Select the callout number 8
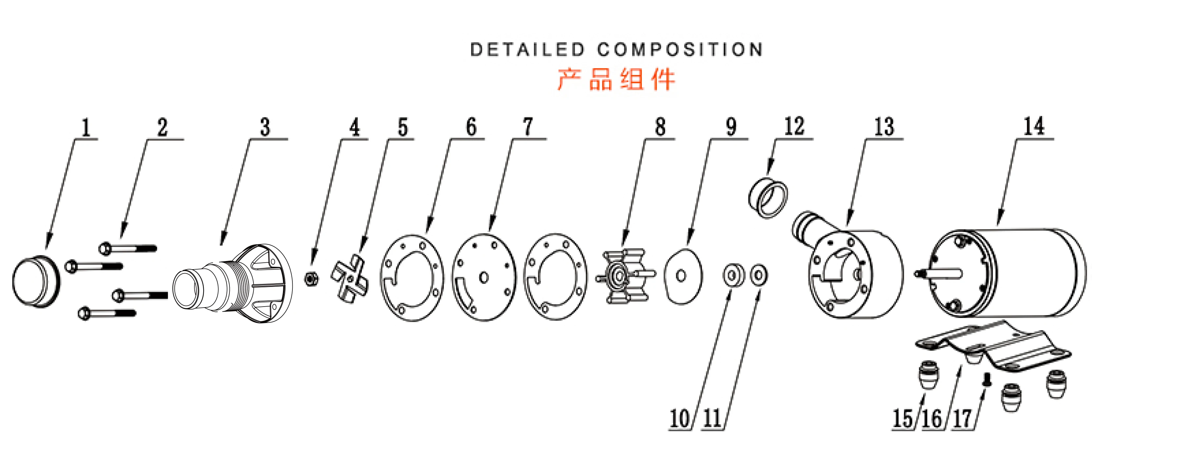[660, 127]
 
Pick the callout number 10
[679, 418]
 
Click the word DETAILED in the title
[527, 50]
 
